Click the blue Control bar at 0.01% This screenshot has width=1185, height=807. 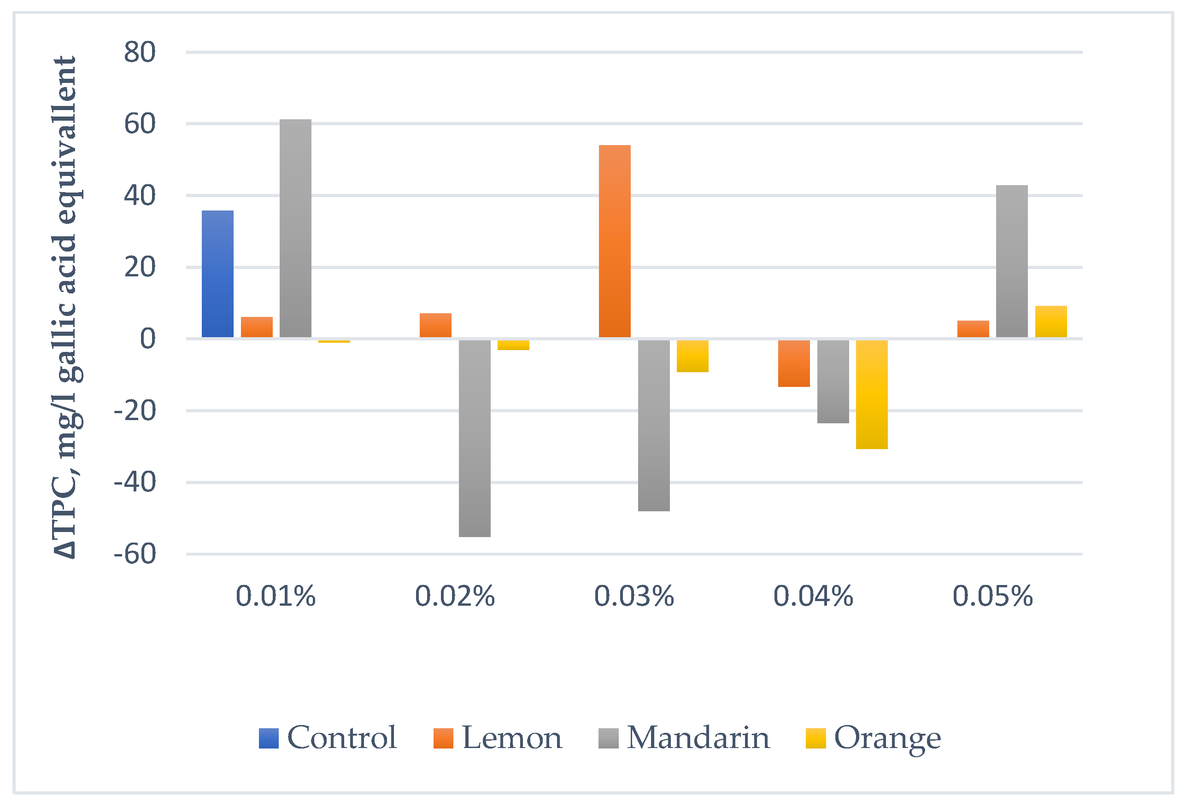pos(218,274)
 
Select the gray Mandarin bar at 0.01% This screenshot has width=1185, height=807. pos(296,228)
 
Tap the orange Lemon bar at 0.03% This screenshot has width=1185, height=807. pos(615,241)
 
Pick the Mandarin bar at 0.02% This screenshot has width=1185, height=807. pos(475,439)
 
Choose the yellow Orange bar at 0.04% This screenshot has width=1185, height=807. pos(872,395)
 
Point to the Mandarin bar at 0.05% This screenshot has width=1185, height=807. pos(1012,261)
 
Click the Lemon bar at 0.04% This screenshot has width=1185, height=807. pos(794,363)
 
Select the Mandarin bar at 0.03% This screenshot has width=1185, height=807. pos(654,426)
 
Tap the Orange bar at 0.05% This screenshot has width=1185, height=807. pos(1051,322)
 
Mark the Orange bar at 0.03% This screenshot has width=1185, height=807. pos(692,356)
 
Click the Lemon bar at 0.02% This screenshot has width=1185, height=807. pos(435,325)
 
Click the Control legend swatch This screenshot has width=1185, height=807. pos(269,739)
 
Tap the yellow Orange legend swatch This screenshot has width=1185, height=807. pos(815,739)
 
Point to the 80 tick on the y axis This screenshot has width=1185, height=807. pos(140,52)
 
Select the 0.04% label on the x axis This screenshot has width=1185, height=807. pos(813,596)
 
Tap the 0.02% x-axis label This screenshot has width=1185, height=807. pos(455,596)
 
